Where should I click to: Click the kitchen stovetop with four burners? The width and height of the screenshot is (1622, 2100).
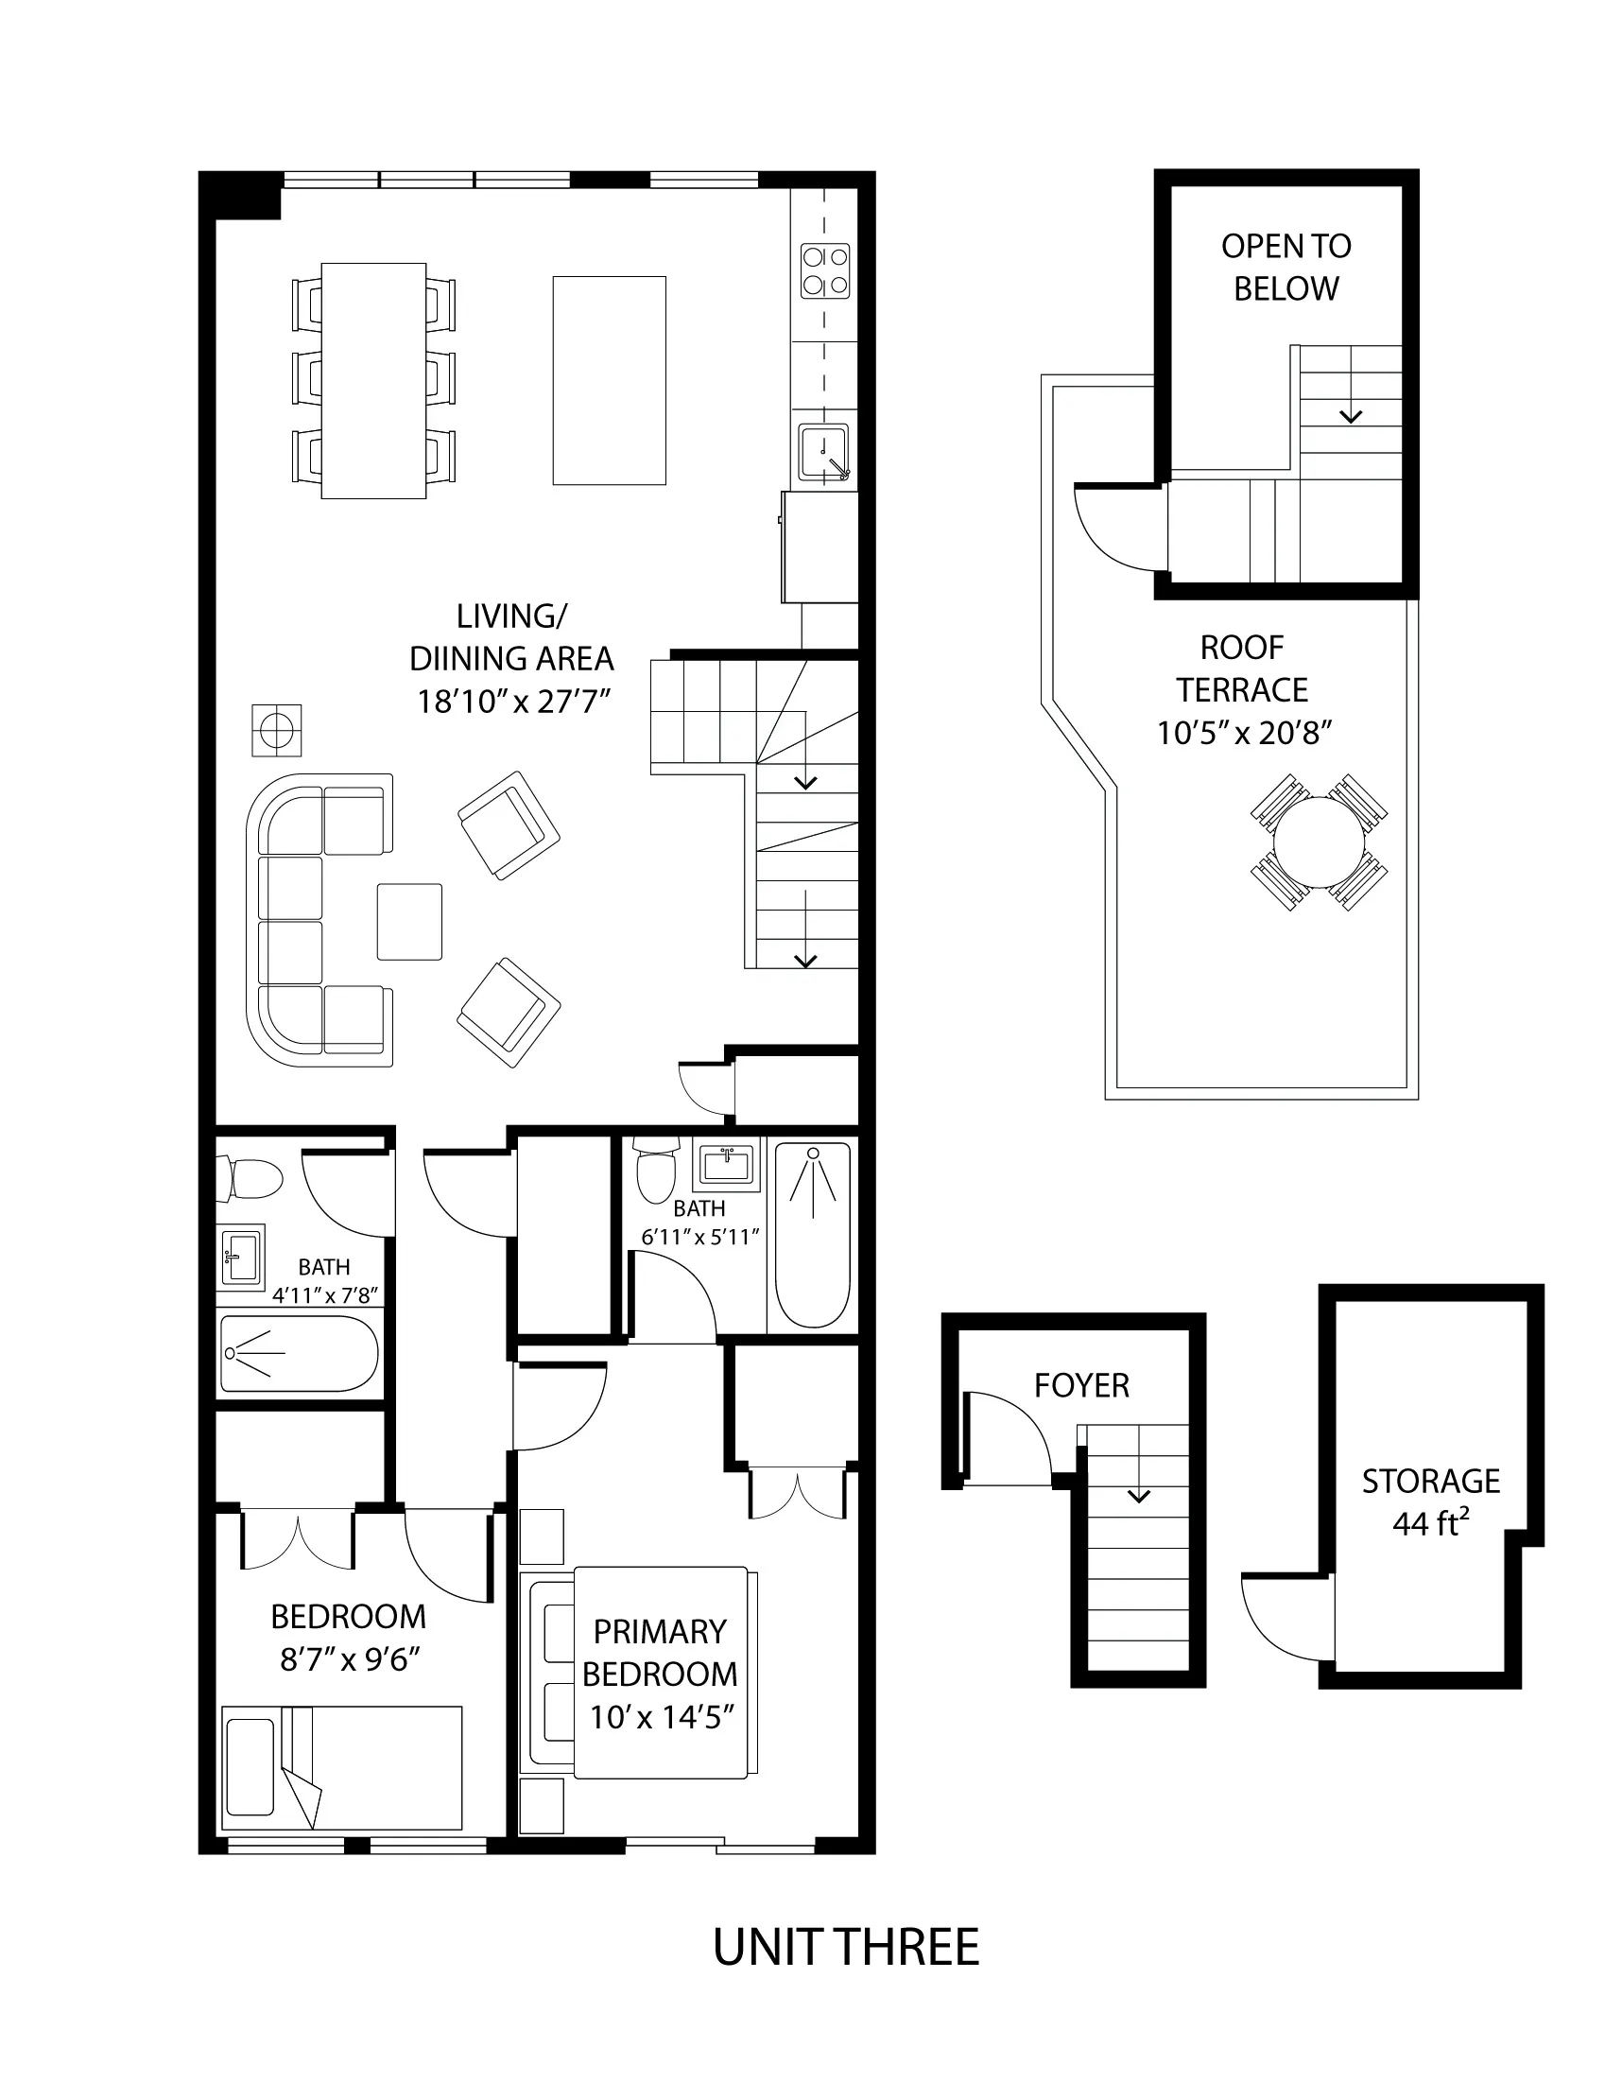point(825,271)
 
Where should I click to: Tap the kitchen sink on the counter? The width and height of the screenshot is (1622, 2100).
point(823,452)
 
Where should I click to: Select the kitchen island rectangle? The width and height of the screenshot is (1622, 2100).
point(609,381)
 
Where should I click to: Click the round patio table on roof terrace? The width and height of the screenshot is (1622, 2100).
point(1319,842)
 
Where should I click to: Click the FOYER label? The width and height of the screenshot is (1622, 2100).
point(1080,1385)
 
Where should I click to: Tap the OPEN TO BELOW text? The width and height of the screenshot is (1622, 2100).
point(1286,268)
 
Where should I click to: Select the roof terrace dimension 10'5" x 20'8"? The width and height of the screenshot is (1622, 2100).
point(1243,734)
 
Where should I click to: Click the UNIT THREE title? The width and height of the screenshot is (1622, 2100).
point(845,1948)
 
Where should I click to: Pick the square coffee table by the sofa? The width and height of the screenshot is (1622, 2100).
point(409,921)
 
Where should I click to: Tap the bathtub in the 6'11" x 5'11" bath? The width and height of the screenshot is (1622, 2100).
point(813,1235)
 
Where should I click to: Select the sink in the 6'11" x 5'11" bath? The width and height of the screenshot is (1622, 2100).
point(727,1166)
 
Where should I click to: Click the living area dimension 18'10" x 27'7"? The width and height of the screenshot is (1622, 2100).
point(512,702)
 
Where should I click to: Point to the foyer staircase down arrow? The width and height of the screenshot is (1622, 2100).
point(1138,1496)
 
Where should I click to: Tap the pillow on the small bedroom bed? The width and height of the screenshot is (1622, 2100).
point(250,1766)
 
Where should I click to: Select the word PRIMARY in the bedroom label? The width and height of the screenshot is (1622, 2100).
point(659,1633)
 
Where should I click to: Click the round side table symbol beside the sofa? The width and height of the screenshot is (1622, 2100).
point(277,731)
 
